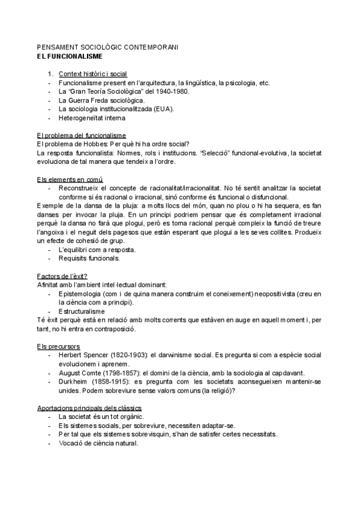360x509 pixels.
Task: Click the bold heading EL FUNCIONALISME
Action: [x=70, y=56]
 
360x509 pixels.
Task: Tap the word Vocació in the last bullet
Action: [x=73, y=443]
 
